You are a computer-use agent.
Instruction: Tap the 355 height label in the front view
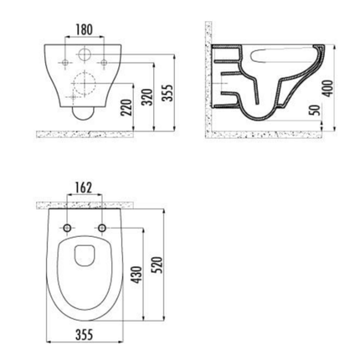169,90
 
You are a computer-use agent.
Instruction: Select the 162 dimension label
84,187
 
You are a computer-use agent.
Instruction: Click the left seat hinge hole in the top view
65,227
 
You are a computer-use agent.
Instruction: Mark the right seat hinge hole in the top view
102,227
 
